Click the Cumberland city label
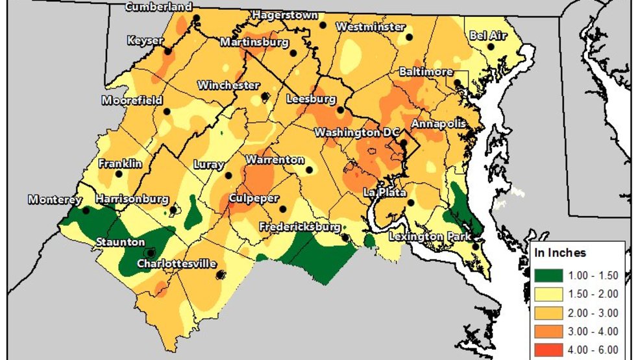click(158, 8)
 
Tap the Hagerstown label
click(285, 15)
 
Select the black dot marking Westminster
click(409, 38)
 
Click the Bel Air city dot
click(491, 47)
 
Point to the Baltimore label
click(426, 71)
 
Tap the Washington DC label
click(356, 132)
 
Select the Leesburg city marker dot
click(341, 110)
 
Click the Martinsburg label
click(254, 43)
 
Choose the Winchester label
click(228, 86)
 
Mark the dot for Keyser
click(167, 51)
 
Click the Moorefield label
click(132, 101)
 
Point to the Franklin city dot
click(119, 174)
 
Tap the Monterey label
click(55, 200)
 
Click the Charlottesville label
click(176, 264)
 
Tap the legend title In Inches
click(560, 253)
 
